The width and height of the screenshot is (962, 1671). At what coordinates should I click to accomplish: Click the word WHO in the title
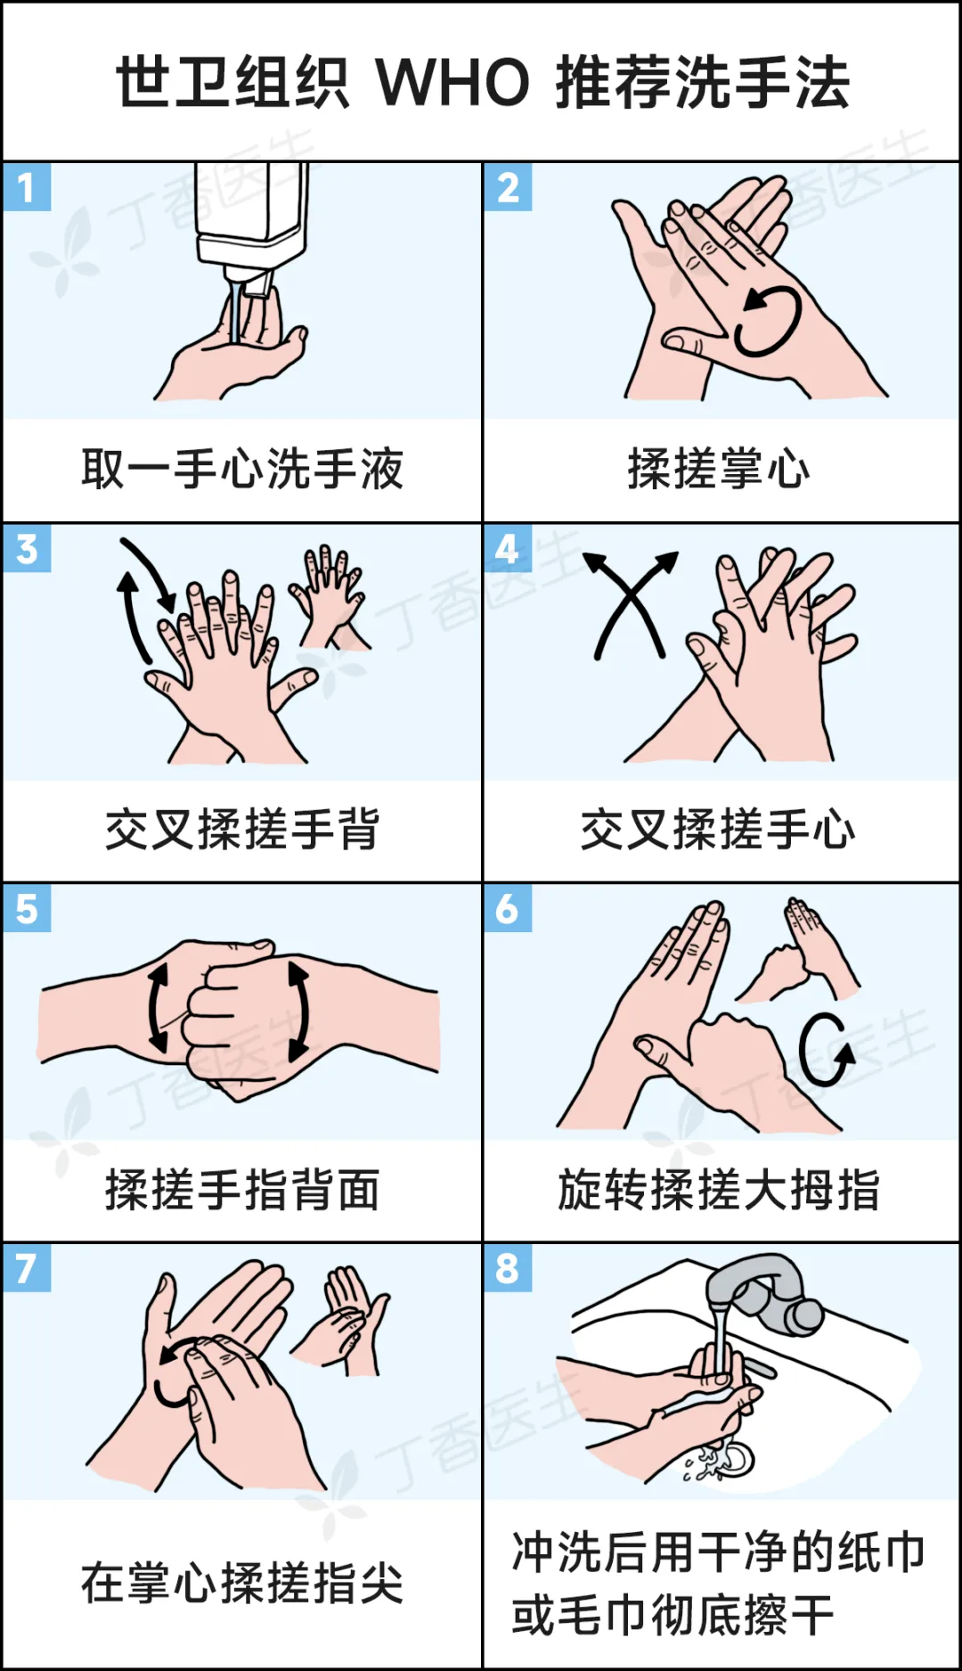pos(453,83)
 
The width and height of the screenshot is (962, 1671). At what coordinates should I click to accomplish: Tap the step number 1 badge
pos(27,187)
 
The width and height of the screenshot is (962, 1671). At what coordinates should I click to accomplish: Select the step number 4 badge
pos(508,548)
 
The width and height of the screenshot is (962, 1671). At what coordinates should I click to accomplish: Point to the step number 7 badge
pos(27,1267)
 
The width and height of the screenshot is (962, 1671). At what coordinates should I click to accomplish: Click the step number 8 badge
pos(508,1267)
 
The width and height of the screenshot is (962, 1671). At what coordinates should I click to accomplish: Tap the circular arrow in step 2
pos(767,321)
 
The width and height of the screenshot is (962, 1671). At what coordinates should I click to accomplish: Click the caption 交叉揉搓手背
pos(242,829)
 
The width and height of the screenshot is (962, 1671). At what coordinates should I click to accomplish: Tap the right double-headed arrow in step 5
pos(300,1011)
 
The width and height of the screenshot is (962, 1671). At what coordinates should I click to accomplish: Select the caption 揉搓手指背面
pos(242,1190)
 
